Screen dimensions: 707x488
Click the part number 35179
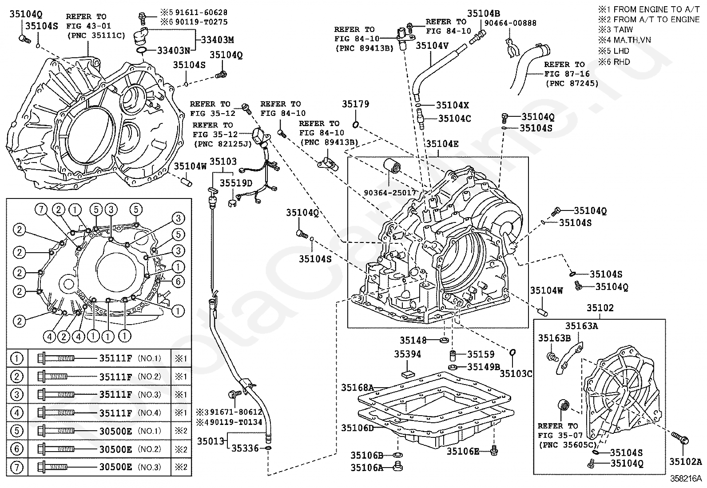(355, 104)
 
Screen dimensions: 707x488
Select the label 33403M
(218, 40)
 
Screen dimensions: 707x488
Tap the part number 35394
(407, 354)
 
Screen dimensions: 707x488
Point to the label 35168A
(357, 387)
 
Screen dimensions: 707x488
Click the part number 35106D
(357, 428)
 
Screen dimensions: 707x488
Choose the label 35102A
(686, 462)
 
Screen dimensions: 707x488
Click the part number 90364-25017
(390, 193)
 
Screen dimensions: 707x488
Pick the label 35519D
(236, 183)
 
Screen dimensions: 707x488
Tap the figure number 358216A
(686, 479)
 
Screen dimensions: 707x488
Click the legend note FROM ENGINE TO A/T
(656, 9)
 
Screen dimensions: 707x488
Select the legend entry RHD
(621, 62)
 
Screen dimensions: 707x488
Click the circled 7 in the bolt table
(17, 467)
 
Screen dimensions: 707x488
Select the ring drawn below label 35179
(355, 125)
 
